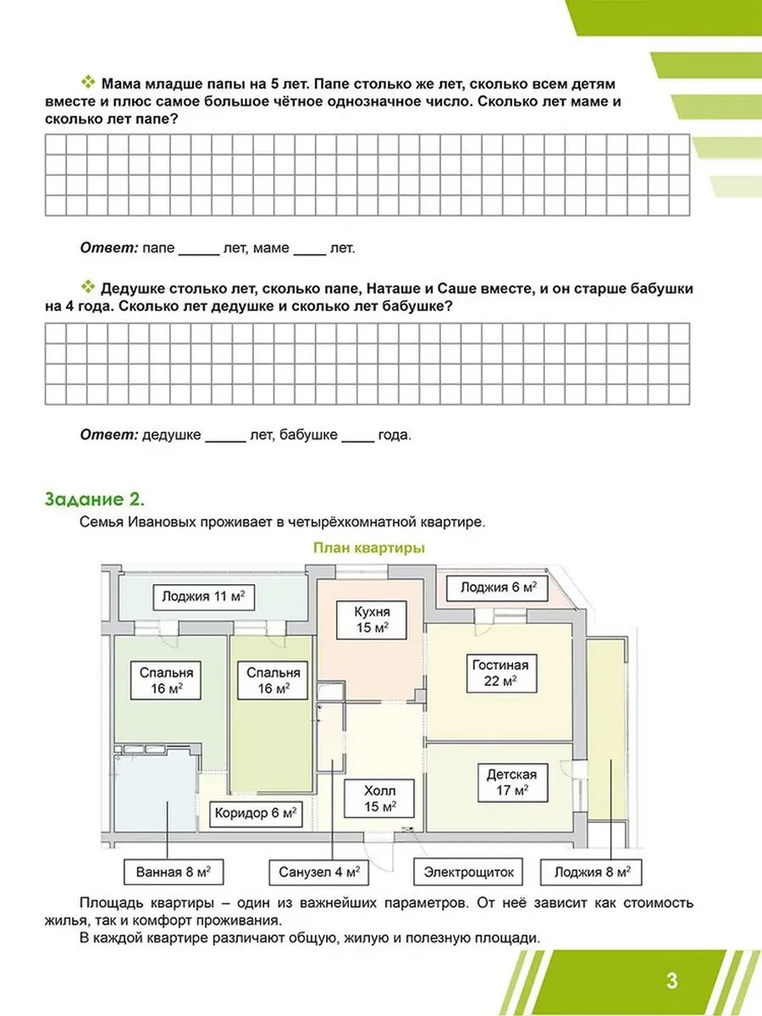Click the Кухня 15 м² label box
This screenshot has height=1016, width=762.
(372, 621)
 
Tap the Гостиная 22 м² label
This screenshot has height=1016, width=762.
(501, 673)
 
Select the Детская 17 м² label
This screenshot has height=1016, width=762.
(512, 782)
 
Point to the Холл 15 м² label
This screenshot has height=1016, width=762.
(379, 799)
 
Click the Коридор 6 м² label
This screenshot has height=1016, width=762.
(256, 814)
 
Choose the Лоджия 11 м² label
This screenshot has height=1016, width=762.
(204, 597)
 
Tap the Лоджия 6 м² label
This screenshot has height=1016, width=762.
(498, 588)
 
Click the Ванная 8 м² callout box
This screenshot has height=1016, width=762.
(174, 873)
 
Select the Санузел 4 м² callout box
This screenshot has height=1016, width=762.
(319, 873)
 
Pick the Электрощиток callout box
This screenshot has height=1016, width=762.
(468, 873)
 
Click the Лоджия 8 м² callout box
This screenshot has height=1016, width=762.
(591, 873)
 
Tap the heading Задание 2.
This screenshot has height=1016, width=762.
(94, 500)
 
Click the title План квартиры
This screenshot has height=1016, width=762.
(369, 548)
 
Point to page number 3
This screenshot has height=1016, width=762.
(672, 980)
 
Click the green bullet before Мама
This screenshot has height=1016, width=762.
(88, 82)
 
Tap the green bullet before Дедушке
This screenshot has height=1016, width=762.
(88, 287)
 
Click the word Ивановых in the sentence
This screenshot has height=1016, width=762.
(160, 522)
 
